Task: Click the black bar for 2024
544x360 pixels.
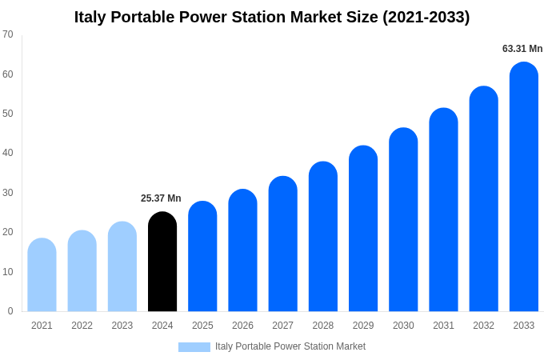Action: [162, 262]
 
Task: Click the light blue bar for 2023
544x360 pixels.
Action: [122, 266]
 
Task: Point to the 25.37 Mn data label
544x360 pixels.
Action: [161, 198]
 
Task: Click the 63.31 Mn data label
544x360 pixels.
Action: [522, 49]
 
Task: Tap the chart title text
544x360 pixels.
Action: [272, 17]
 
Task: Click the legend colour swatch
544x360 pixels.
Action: [194, 347]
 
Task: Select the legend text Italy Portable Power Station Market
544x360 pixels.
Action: [290, 346]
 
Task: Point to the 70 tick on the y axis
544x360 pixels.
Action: [8, 34]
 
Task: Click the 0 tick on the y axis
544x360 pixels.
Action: [10, 311]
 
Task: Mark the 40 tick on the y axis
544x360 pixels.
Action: [8, 153]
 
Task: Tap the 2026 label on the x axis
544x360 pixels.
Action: [242, 326]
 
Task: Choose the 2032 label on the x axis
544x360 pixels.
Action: [483, 326]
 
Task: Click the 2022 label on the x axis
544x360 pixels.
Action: [82, 326]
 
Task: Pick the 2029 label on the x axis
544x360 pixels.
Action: [363, 326]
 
